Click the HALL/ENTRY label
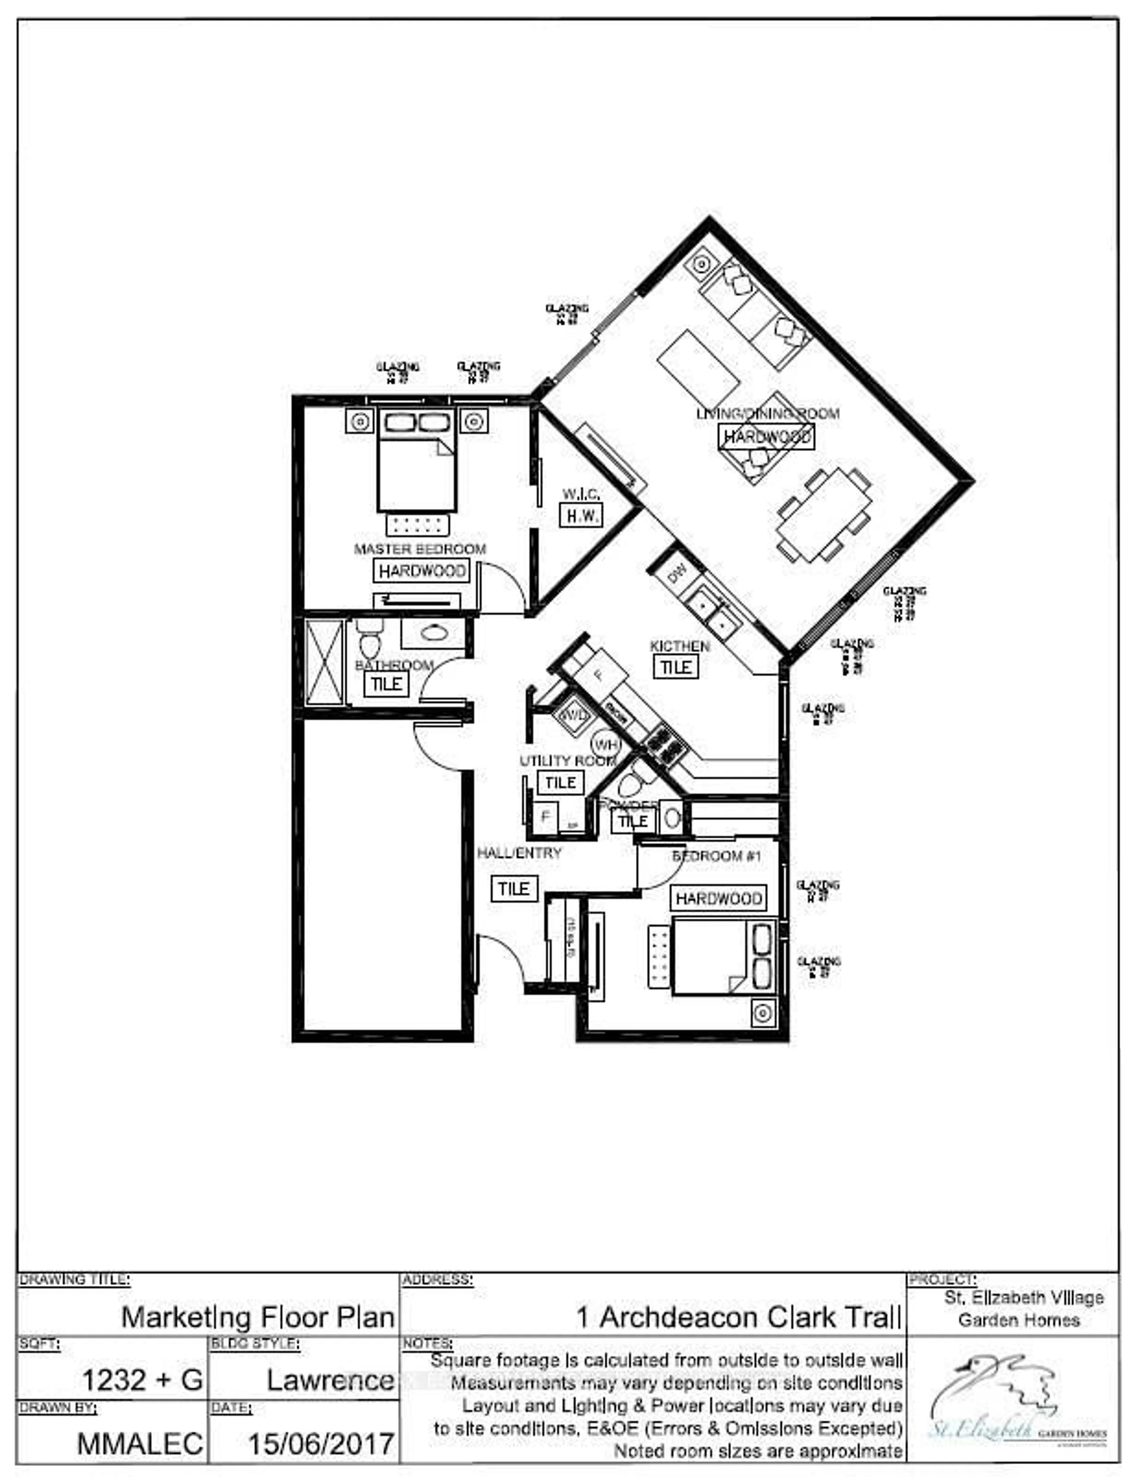point(519,853)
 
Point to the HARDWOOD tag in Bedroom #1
point(719,898)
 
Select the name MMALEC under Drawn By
point(140,1444)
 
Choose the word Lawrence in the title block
point(330,1380)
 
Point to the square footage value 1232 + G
point(142,1380)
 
